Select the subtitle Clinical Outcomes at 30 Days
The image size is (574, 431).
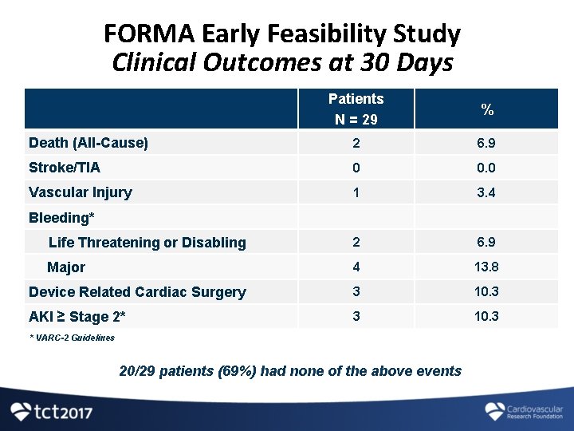[x=282, y=63]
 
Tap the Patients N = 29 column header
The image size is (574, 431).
[x=356, y=109]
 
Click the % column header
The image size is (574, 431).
[x=486, y=109]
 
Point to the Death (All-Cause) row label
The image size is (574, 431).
[x=88, y=144]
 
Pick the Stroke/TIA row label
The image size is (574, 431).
[x=65, y=168]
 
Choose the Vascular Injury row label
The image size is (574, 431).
[x=81, y=192]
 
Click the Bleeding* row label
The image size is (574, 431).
[x=61, y=217]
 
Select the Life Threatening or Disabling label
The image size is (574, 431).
[x=147, y=243]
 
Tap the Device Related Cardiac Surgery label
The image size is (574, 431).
[x=137, y=292]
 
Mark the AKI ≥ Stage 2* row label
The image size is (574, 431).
[x=77, y=317]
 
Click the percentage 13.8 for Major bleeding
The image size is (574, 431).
[x=486, y=267]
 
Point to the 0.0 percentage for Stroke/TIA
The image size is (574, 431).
[x=486, y=168]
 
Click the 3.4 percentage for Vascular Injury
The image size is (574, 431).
[x=486, y=192]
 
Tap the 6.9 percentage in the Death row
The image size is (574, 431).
[x=486, y=144]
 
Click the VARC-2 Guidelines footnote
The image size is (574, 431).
[x=72, y=338]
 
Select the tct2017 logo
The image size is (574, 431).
[x=52, y=412]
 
